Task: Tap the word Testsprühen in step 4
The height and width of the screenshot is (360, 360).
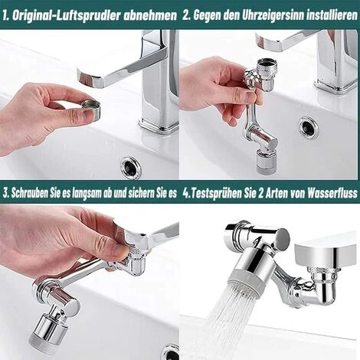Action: (219, 192)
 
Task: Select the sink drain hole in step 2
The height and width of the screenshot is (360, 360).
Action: (308, 123)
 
